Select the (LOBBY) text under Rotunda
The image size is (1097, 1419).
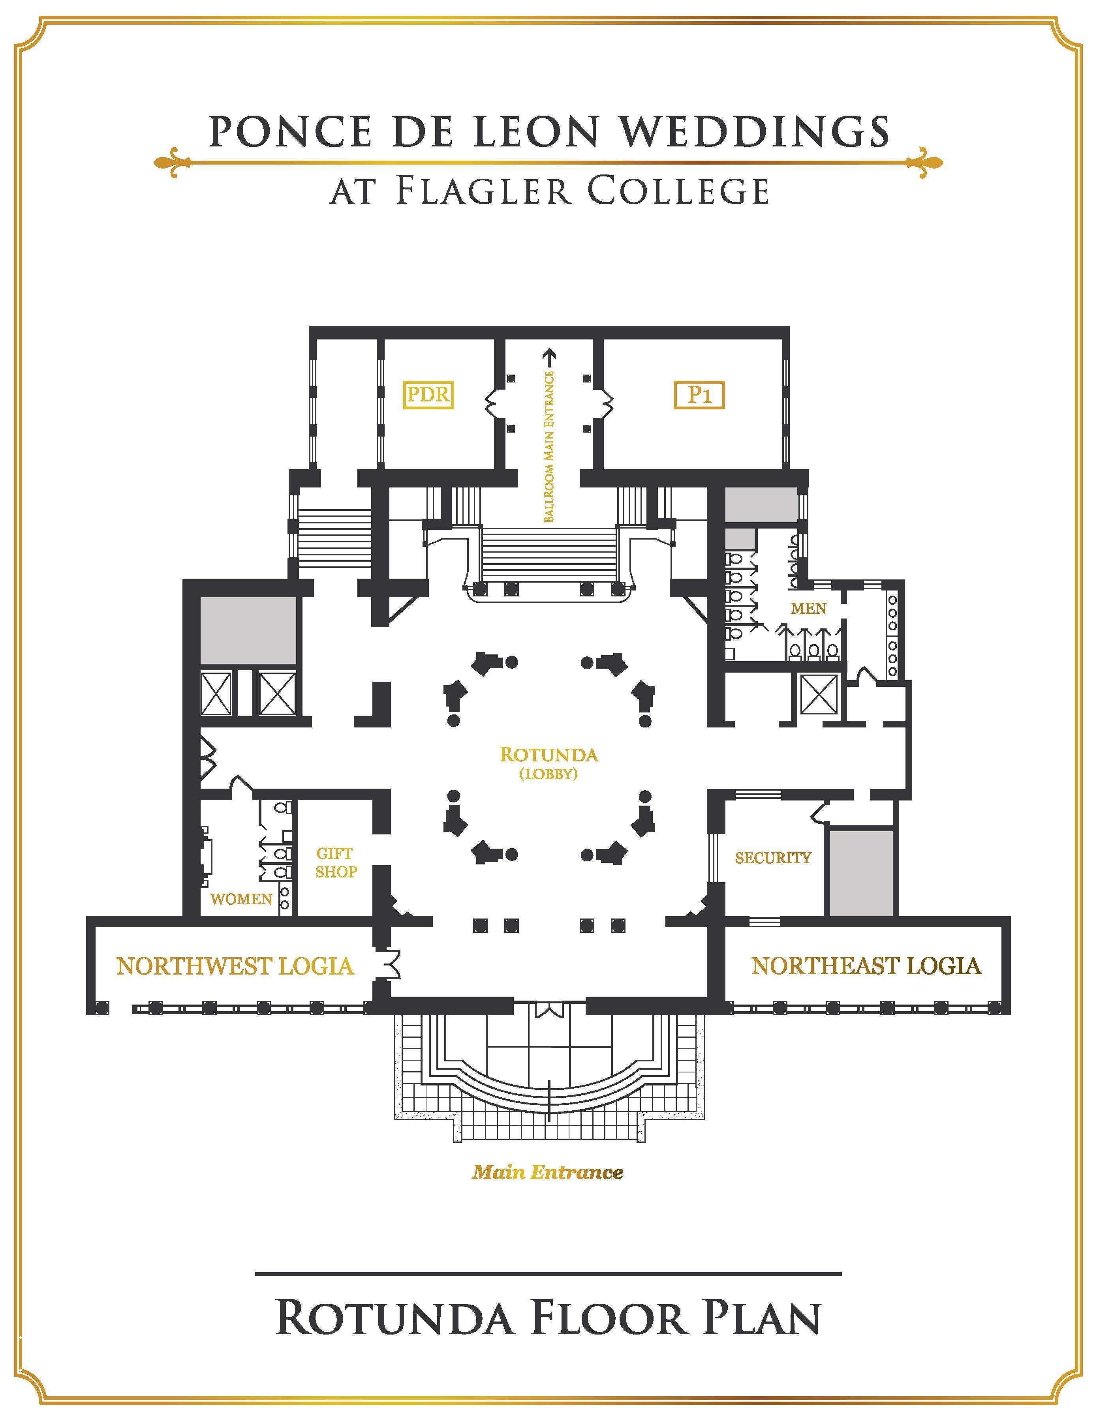549,774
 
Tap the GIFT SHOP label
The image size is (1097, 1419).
336,862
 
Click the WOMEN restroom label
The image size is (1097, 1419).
241,899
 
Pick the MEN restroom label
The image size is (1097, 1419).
808,608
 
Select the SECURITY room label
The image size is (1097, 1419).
773,858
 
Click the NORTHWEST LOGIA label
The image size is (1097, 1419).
235,966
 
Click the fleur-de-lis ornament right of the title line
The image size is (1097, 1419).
924,162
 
